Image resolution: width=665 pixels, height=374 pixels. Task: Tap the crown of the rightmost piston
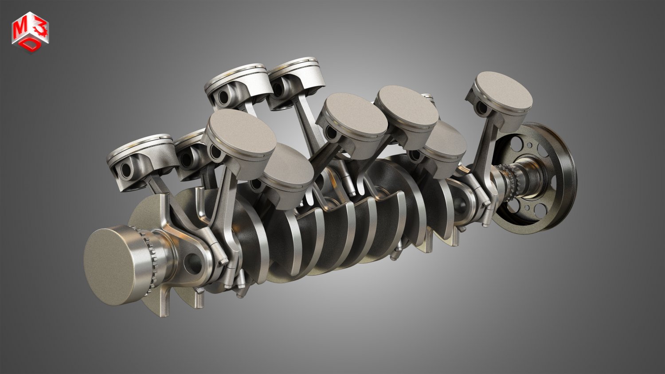[x=503, y=91]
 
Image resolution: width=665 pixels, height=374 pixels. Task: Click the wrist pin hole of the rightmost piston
[x=479, y=107]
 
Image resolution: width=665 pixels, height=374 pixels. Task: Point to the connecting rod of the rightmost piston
[x=488, y=146]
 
